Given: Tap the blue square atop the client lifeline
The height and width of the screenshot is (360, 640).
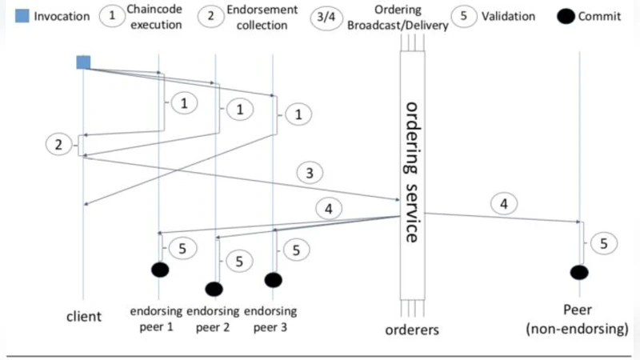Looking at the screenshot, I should (x=83, y=62).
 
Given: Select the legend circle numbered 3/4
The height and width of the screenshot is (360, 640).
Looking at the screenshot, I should (x=327, y=16).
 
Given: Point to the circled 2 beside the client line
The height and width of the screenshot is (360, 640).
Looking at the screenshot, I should (x=58, y=145).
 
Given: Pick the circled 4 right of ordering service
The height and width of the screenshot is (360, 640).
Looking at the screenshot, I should (x=503, y=205).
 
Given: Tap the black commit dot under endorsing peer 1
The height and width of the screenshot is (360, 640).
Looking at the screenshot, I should (x=160, y=270).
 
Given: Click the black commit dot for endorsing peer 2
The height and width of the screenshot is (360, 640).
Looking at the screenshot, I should (x=214, y=288).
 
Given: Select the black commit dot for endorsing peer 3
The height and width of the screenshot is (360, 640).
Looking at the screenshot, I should (x=273, y=279).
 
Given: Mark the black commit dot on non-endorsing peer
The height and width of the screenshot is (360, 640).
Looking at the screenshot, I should (x=579, y=272).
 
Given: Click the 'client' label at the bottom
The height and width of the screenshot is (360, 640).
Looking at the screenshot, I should (x=83, y=317).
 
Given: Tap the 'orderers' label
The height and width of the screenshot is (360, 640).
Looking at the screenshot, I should (x=413, y=329).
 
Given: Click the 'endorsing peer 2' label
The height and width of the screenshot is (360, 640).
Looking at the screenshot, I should (x=213, y=318).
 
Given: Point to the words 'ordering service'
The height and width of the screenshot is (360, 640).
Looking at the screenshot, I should (x=412, y=171).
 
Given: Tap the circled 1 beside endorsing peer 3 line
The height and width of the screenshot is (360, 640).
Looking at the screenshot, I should (x=298, y=115).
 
